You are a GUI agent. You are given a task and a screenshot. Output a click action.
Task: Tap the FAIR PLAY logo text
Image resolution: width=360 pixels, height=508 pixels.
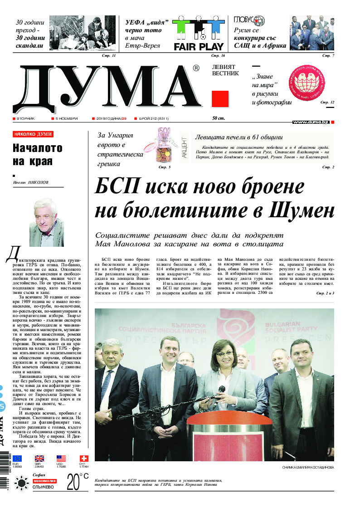(199, 46)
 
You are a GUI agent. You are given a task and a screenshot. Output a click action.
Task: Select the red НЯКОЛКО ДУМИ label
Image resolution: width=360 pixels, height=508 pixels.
(33, 134)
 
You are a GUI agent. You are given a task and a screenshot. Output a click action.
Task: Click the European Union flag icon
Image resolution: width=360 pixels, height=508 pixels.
(17, 458)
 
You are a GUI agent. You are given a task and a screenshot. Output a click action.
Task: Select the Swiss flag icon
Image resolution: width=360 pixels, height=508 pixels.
(84, 458)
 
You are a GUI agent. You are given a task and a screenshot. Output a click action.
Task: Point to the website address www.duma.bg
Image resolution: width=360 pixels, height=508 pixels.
(311, 122)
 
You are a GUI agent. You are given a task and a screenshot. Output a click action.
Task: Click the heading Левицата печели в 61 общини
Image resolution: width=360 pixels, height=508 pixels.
(238, 137)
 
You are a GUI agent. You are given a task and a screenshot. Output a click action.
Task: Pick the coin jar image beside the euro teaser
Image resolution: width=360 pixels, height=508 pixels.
(159, 146)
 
